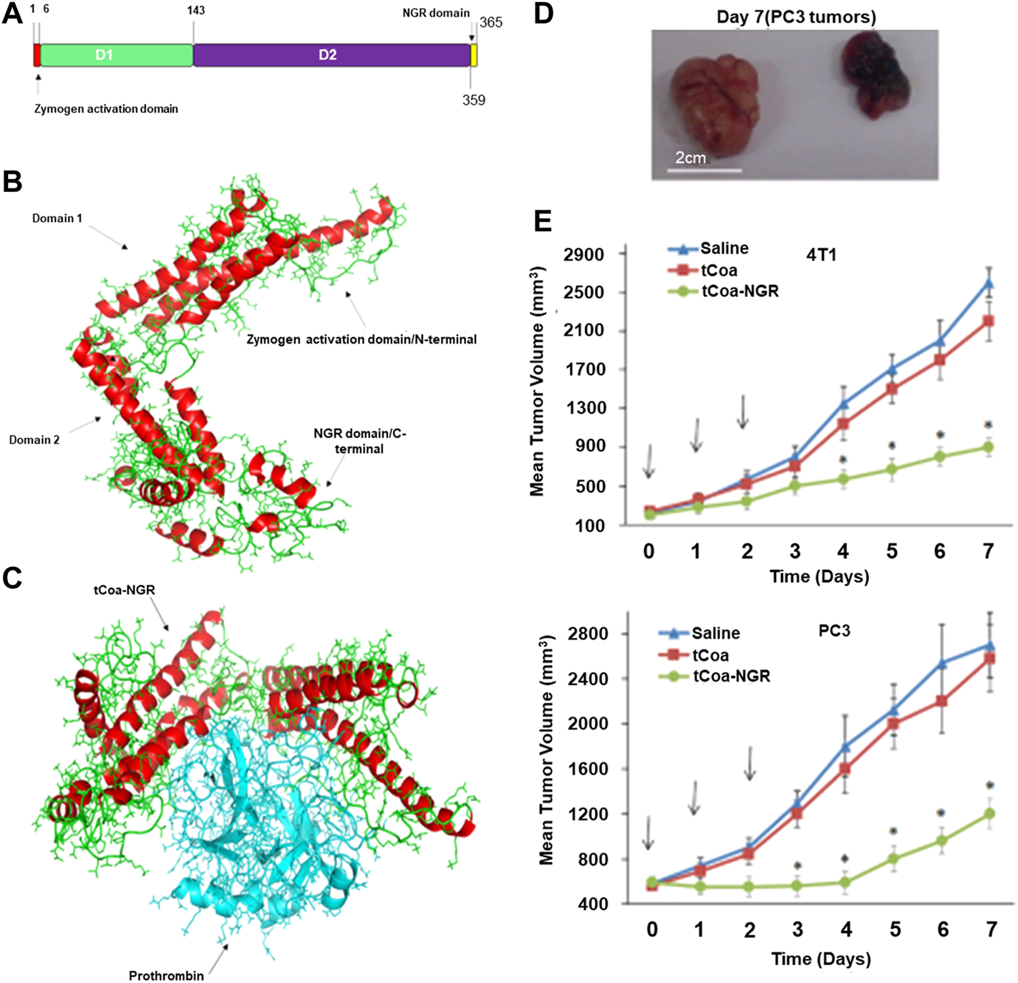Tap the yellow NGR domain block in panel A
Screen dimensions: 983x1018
(x=473, y=55)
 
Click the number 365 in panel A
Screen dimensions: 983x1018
(x=491, y=23)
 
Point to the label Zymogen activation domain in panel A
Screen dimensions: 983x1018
(x=106, y=109)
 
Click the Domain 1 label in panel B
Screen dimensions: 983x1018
(x=57, y=218)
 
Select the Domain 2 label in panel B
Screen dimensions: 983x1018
(x=34, y=440)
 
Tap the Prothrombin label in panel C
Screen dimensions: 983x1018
(x=166, y=975)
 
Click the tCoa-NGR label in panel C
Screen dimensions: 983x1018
(x=125, y=590)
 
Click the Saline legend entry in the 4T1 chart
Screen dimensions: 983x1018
(x=724, y=248)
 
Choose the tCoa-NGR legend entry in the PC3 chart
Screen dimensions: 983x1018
(x=731, y=676)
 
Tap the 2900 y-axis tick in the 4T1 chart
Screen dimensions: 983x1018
(x=585, y=255)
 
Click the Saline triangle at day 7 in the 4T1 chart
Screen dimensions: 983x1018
(x=988, y=284)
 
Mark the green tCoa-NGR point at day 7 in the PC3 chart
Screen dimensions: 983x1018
(x=991, y=814)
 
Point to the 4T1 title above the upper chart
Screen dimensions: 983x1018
(x=821, y=255)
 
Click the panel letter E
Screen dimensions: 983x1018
(x=543, y=221)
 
